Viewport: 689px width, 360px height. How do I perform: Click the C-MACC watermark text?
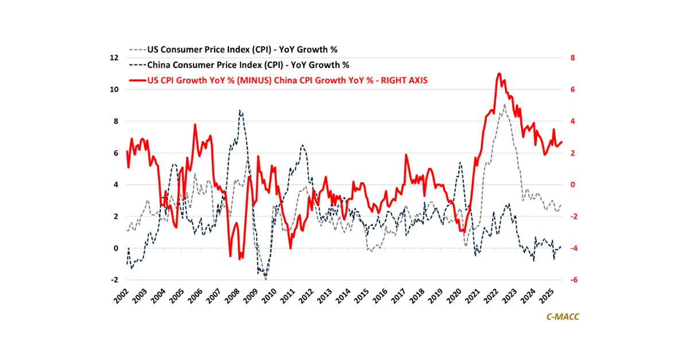[x=562, y=317]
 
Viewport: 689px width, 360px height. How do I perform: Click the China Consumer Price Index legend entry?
[x=248, y=64]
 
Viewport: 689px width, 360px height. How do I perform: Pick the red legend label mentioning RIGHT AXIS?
[x=287, y=80]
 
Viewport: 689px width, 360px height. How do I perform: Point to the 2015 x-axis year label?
[x=362, y=296]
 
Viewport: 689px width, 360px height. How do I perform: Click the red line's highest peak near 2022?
[x=499, y=73]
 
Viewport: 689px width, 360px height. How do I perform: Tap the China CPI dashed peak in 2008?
[x=240, y=111]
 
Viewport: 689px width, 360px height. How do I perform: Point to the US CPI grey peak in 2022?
[x=504, y=105]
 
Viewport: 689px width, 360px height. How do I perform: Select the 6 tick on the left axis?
[x=115, y=153]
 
